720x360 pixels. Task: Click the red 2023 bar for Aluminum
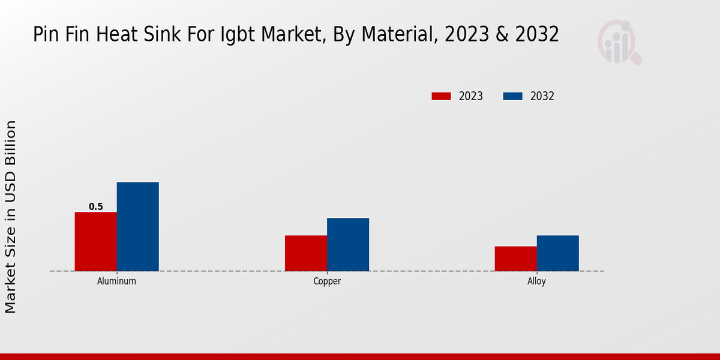point(95,241)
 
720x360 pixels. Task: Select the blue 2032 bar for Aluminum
point(137,226)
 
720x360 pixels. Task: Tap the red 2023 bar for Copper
point(306,253)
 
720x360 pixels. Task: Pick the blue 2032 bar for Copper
point(348,244)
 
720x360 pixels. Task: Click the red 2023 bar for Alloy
point(515,258)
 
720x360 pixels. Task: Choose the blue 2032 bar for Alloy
point(557,253)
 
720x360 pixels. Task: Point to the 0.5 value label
point(96,207)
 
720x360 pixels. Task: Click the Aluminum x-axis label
point(116,281)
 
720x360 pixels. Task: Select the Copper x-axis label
point(327,281)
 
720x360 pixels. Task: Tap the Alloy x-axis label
point(536,281)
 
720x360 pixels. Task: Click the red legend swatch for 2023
point(441,96)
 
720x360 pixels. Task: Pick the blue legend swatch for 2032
point(513,96)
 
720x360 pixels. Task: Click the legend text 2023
point(471,96)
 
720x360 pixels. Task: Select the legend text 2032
point(542,96)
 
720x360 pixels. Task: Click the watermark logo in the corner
point(619,42)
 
